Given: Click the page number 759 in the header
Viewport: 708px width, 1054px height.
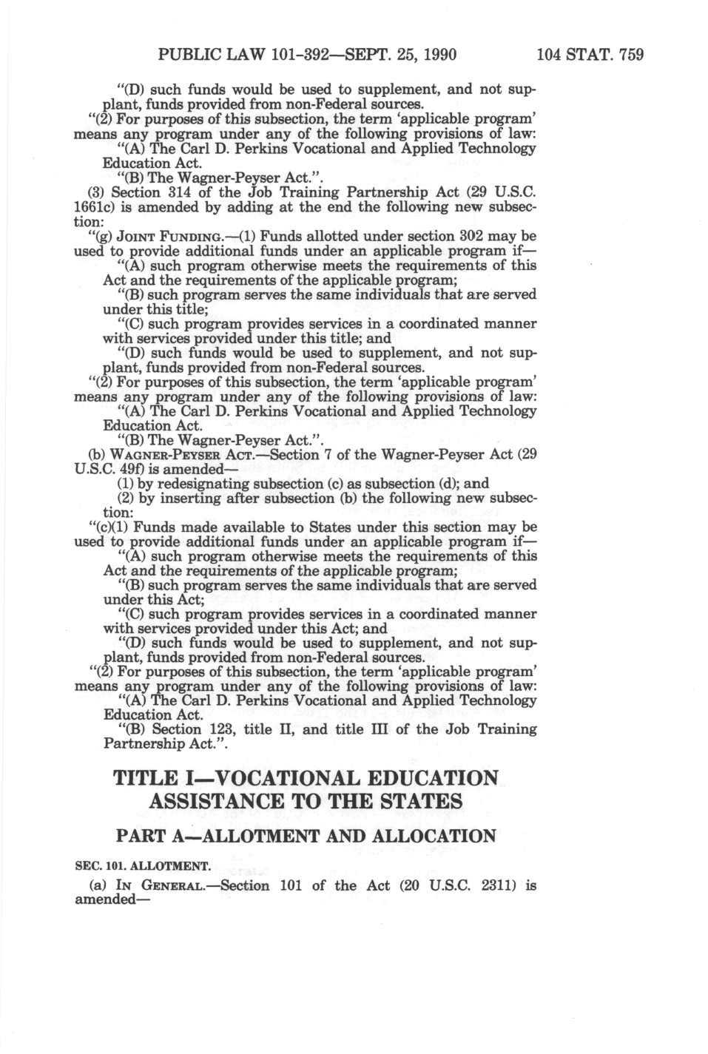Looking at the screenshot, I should tap(630, 55).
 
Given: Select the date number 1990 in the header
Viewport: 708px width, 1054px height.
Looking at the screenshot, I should tap(437, 55).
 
